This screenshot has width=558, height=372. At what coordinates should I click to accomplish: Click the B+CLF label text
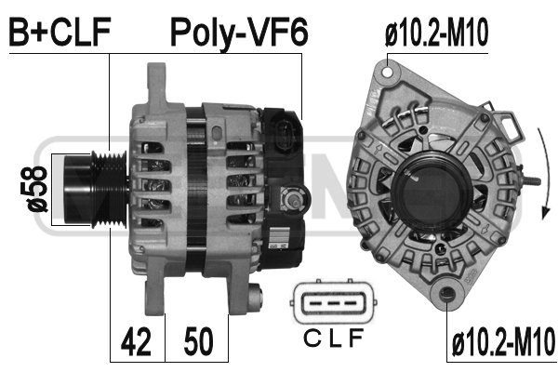[60, 32]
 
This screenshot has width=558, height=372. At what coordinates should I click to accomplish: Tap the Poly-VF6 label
[239, 33]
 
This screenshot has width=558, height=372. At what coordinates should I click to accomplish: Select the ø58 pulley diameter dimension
[33, 189]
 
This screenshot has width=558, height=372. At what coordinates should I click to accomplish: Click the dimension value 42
[137, 342]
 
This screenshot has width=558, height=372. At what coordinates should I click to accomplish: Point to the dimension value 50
[199, 342]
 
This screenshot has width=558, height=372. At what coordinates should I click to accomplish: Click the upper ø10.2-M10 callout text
[436, 33]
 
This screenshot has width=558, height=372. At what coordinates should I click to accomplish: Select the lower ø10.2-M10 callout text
[503, 342]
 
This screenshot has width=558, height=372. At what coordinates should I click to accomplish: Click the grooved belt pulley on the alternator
[95, 190]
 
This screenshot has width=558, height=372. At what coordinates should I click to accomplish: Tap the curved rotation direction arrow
[543, 173]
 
